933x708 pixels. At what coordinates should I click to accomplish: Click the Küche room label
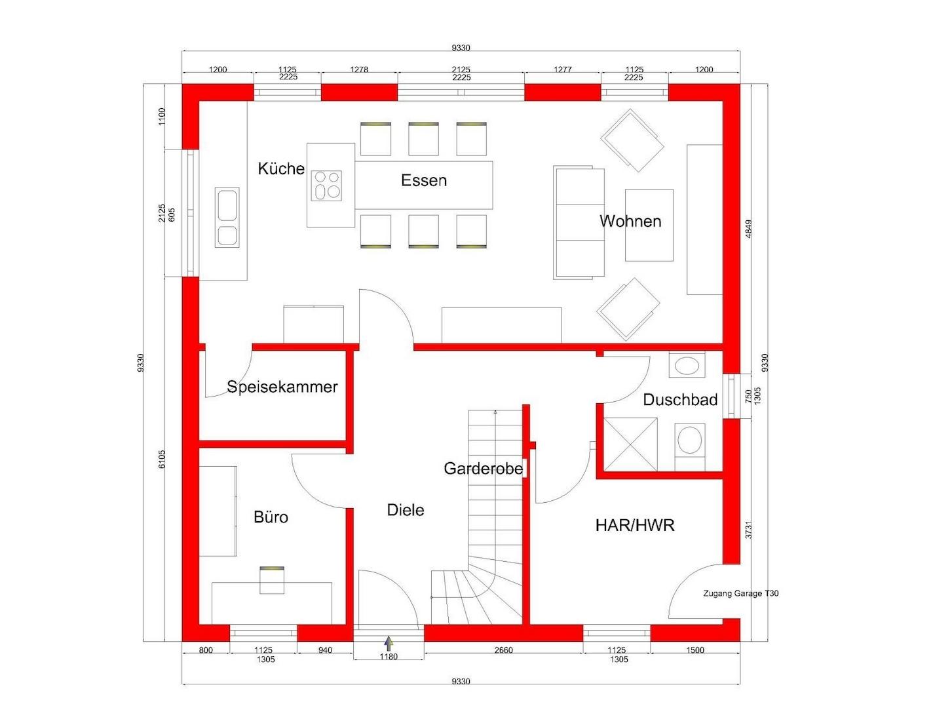[x=281, y=168]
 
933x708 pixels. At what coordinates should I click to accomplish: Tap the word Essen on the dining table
[x=424, y=180]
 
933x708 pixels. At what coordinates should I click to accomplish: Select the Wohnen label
[x=630, y=222]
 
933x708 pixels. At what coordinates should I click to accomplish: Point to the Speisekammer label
[x=282, y=387]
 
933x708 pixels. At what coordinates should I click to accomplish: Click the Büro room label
[x=271, y=517]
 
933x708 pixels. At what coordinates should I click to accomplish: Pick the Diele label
[x=406, y=510]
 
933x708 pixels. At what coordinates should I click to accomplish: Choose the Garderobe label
[x=484, y=469]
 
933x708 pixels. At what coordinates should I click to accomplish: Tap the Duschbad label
[x=680, y=400]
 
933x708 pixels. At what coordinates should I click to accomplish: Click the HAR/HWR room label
[x=635, y=525]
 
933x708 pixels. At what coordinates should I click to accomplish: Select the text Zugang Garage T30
[x=741, y=594]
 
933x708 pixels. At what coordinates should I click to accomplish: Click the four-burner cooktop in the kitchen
[x=327, y=185]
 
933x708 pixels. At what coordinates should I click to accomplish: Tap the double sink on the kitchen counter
[x=227, y=218]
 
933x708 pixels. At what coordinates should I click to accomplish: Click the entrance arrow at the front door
[x=389, y=643]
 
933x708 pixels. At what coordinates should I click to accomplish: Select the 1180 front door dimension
[x=389, y=657]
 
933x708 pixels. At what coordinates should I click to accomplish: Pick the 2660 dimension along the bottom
[x=503, y=650]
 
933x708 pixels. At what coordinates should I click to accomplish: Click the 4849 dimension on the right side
[x=749, y=229]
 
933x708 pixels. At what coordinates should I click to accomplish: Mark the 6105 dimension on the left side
[x=162, y=459]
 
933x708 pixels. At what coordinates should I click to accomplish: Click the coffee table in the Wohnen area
[x=649, y=225]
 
